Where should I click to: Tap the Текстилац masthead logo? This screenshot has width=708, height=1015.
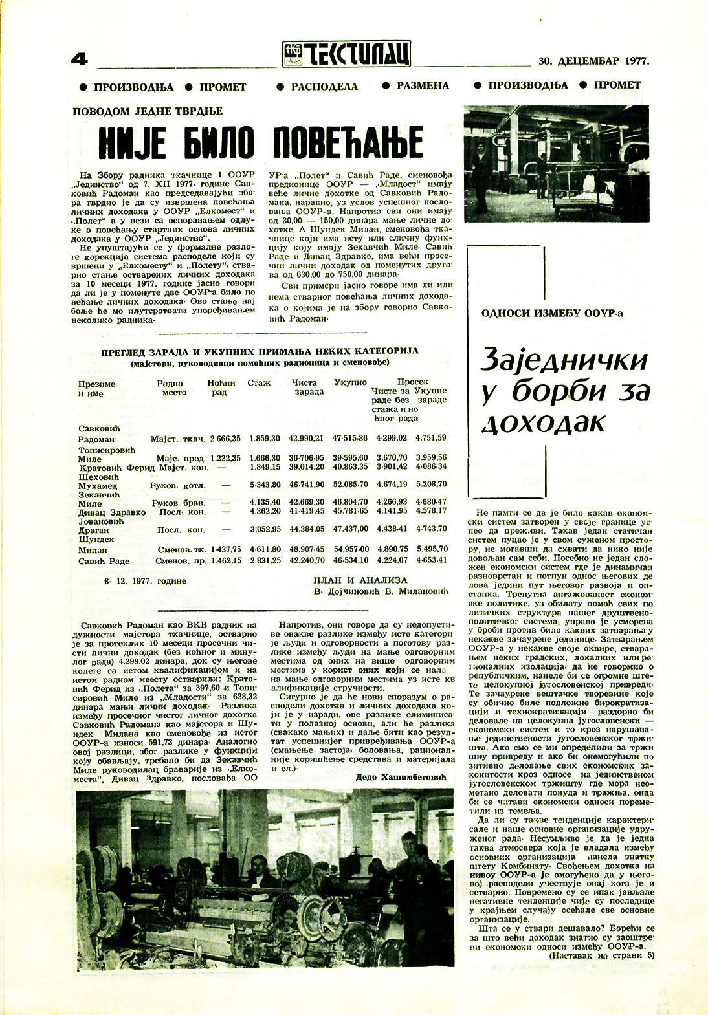(x=346, y=54)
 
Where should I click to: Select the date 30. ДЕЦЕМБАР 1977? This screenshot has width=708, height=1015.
(x=593, y=62)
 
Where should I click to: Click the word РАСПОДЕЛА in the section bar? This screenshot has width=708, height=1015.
(x=324, y=86)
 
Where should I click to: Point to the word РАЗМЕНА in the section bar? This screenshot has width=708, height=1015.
(x=423, y=85)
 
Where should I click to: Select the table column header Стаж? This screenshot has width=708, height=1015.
(x=259, y=383)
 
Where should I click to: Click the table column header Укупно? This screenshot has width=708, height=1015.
(x=350, y=383)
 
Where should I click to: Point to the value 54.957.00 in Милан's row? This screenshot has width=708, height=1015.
(x=350, y=549)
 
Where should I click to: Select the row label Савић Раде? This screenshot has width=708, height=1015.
(x=104, y=561)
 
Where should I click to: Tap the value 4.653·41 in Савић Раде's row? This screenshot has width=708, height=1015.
(x=431, y=560)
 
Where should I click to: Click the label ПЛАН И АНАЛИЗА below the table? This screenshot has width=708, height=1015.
(x=360, y=580)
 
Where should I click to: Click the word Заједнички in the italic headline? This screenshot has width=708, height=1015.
(x=564, y=360)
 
